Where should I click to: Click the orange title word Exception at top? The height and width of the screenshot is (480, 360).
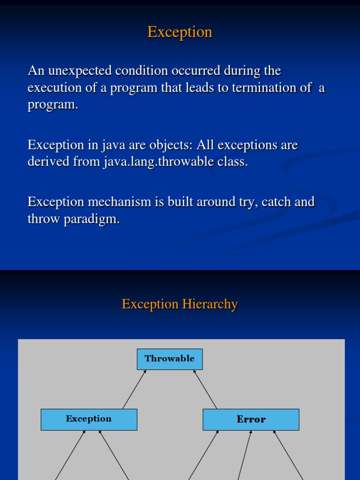click(x=180, y=32)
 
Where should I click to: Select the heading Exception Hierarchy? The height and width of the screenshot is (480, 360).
click(x=180, y=304)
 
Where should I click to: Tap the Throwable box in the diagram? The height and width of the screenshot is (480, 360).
click(x=170, y=359)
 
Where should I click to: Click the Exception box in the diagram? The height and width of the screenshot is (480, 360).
click(x=89, y=419)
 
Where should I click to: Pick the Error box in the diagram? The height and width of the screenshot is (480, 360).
click(x=251, y=420)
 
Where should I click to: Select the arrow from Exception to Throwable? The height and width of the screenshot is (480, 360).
click(x=135, y=389)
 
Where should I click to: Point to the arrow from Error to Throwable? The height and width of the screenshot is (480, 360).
click(x=205, y=389)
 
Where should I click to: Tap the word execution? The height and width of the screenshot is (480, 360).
click(x=52, y=88)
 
